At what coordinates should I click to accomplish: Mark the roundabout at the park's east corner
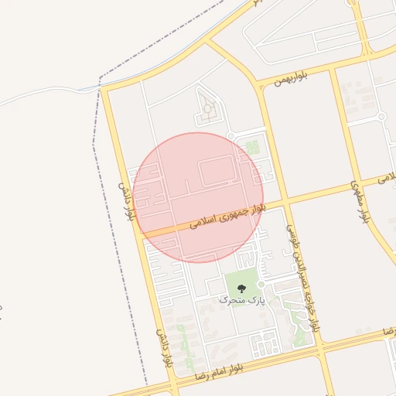261,285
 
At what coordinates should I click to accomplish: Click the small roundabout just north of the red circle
230,135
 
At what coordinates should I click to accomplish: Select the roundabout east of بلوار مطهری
381,117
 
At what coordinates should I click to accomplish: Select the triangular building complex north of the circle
206,109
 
